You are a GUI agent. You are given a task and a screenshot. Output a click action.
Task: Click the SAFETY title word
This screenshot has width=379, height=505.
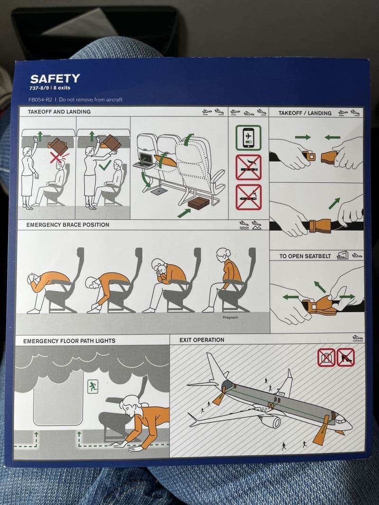point(55,79)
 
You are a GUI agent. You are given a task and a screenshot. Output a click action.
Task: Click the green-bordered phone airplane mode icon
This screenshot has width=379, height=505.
point(248,137)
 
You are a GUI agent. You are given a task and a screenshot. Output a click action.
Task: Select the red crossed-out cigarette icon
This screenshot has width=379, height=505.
point(248,167)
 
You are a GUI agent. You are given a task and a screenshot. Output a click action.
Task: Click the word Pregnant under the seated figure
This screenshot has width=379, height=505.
point(230,317)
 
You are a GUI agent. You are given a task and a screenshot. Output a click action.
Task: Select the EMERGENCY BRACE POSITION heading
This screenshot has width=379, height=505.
point(68,225)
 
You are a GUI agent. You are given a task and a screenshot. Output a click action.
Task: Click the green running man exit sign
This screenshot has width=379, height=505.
point(92,387)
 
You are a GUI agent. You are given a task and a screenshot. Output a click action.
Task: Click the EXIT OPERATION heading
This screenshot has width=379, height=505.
point(202,340)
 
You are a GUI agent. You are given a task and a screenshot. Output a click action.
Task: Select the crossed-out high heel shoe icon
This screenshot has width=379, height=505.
point(345,357)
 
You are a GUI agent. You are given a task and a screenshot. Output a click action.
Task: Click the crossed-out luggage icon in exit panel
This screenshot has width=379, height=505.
point(326,357)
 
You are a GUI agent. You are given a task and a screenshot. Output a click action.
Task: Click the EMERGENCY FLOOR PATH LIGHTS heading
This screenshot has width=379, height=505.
point(69,341)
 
